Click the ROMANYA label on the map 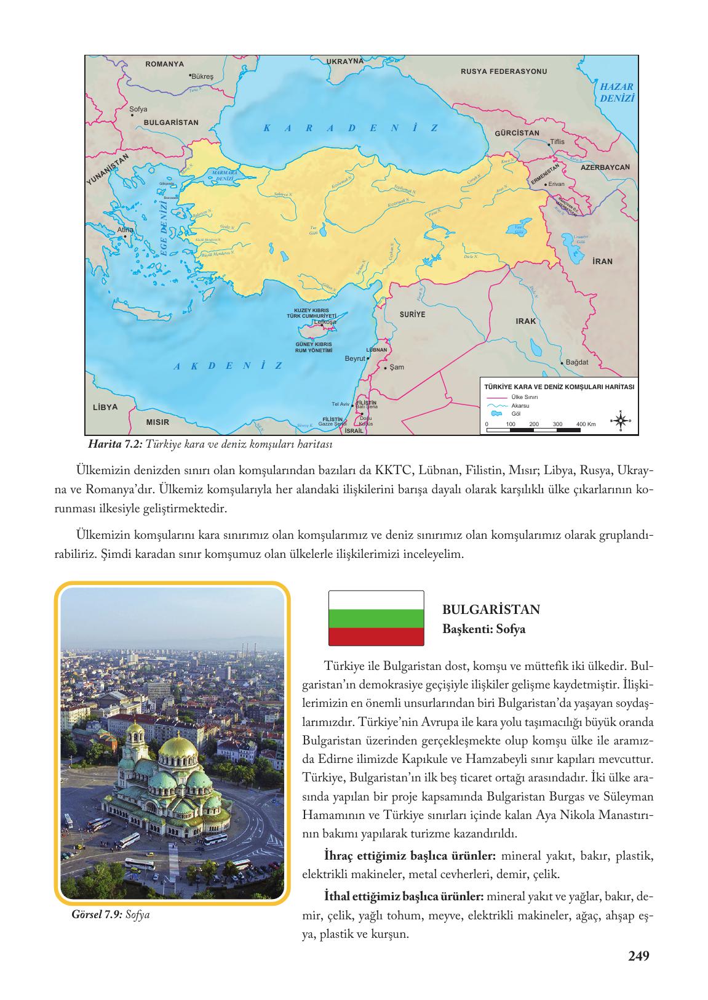[164, 64]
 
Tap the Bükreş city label [202, 77]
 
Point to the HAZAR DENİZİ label [616, 92]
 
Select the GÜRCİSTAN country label [517, 133]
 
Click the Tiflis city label [557, 142]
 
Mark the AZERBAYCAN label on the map [605, 167]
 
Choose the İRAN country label [602, 261]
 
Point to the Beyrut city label [355, 358]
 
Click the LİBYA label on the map [105, 408]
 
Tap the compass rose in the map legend [620, 421]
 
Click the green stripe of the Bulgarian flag [376, 618]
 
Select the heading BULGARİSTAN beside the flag [491, 610]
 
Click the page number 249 [638, 956]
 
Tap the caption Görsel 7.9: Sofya [111, 914]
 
